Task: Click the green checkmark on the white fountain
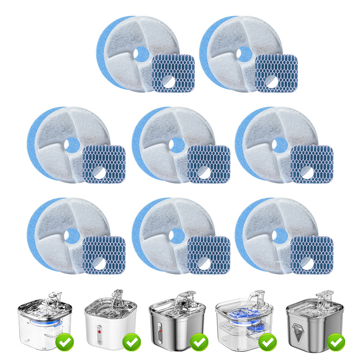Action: pos(132,342)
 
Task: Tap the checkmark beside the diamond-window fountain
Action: pos(336,342)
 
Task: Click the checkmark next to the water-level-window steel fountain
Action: pos(199,342)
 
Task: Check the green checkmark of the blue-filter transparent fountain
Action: pos(268,342)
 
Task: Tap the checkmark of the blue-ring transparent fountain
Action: pos(65,342)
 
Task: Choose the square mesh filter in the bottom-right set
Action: pos(311,254)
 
